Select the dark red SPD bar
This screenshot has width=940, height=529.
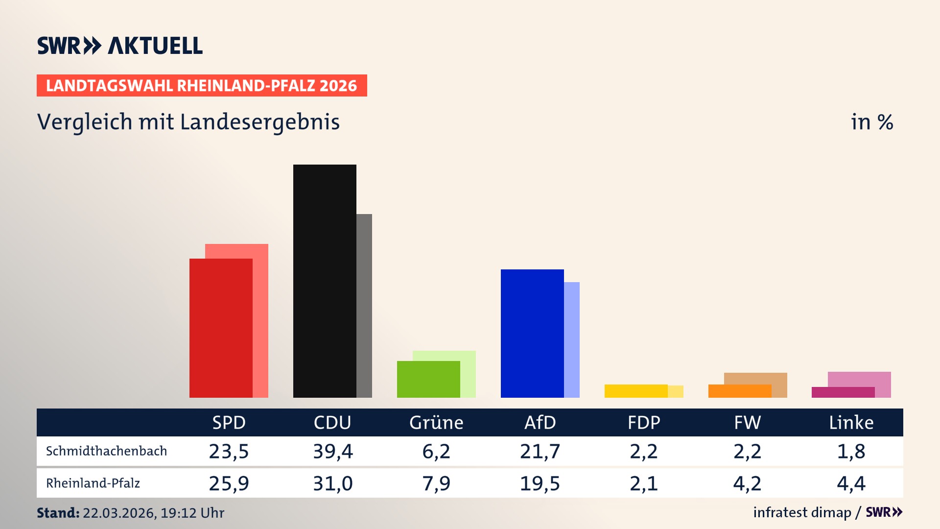pyautogui.click(x=221, y=328)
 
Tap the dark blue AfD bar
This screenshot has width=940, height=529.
pyautogui.click(x=532, y=333)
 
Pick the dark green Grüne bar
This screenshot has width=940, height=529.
pyautogui.click(x=428, y=379)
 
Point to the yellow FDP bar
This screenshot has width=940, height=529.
pyautogui.click(x=636, y=391)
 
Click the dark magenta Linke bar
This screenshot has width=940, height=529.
pyautogui.click(x=843, y=392)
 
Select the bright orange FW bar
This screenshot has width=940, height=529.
pyautogui.click(x=740, y=391)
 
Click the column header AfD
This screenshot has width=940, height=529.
pyautogui.click(x=540, y=422)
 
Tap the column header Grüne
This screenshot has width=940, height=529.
pyautogui.click(x=436, y=422)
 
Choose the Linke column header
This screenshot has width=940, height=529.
pyautogui.click(x=851, y=422)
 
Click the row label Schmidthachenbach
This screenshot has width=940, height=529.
pyautogui.click(x=106, y=451)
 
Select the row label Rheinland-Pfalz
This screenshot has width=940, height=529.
pyautogui.click(x=93, y=483)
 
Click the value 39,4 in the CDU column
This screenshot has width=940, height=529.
pyautogui.click(x=333, y=451)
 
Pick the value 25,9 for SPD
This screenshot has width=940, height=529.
pyautogui.click(x=229, y=483)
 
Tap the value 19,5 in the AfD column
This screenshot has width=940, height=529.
pyautogui.click(x=540, y=483)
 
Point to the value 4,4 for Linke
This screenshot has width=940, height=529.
pyautogui.click(x=851, y=483)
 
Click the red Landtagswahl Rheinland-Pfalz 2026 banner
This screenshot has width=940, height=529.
pyautogui.click(x=202, y=85)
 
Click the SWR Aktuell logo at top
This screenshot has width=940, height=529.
pyautogui.click(x=120, y=46)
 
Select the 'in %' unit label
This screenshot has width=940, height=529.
pyautogui.click(x=872, y=122)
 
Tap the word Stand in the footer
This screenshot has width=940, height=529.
pyautogui.click(x=58, y=513)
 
